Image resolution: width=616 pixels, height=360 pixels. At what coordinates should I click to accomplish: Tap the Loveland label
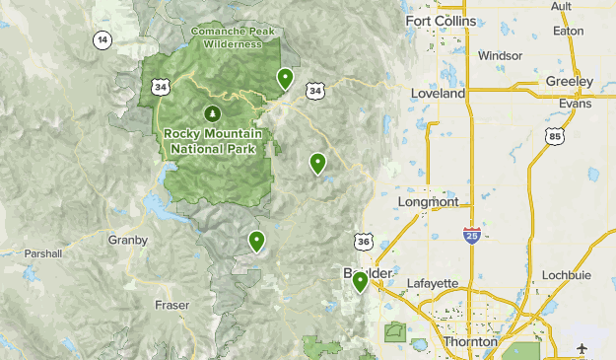coord(441,94)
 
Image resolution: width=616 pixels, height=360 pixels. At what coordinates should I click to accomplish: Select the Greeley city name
coord(571,81)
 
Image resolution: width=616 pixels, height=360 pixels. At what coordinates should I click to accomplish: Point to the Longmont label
coord(427,202)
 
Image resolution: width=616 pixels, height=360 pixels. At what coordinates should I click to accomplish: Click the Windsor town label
coord(500,56)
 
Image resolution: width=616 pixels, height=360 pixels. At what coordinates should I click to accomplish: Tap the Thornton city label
coord(470,341)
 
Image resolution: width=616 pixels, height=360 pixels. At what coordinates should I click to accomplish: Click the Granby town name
coord(128,240)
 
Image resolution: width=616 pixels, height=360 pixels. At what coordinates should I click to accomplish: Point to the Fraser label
coord(171,305)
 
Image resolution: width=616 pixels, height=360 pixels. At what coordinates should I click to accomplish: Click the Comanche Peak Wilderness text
coord(233,37)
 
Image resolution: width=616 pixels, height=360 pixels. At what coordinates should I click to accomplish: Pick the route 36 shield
coord(363,242)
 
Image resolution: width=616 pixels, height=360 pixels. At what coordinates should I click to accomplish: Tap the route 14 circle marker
coord(103,40)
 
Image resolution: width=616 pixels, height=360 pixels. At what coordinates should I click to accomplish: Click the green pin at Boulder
coord(361,282)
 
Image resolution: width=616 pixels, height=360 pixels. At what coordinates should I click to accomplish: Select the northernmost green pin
coord(285,77)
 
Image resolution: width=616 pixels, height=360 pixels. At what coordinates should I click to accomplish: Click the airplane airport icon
coord(583,349)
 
